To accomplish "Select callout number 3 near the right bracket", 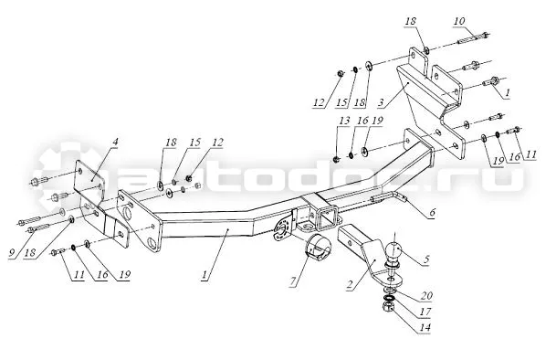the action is pyautogui.click(x=381, y=102).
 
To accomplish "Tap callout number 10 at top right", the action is pyautogui.click(x=459, y=21).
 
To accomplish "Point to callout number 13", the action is pyautogui.click(x=344, y=121).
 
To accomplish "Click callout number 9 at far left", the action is pyautogui.click(x=12, y=253).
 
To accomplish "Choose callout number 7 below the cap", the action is pyautogui.click(x=292, y=281).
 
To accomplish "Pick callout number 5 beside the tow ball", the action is pyautogui.click(x=425, y=259).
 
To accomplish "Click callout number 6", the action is pyautogui.click(x=432, y=212).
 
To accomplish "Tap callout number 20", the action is pyautogui.click(x=427, y=295).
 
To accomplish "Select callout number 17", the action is pyautogui.click(x=425, y=312).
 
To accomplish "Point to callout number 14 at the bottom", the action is pyautogui.click(x=425, y=327).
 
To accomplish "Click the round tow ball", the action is pyautogui.click(x=393, y=250).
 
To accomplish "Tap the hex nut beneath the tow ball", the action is pyautogui.click(x=388, y=306).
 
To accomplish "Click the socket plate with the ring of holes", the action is pyautogui.click(x=283, y=229).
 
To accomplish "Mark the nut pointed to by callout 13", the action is pyautogui.click(x=336, y=159).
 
